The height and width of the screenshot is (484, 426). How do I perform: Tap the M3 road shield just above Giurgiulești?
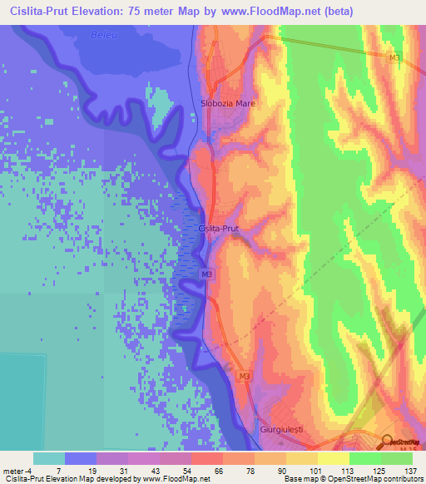(x=244, y=377)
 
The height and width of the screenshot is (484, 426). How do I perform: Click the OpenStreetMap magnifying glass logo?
(x=388, y=442)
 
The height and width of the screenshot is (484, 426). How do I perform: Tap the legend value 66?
(x=196, y=471)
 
